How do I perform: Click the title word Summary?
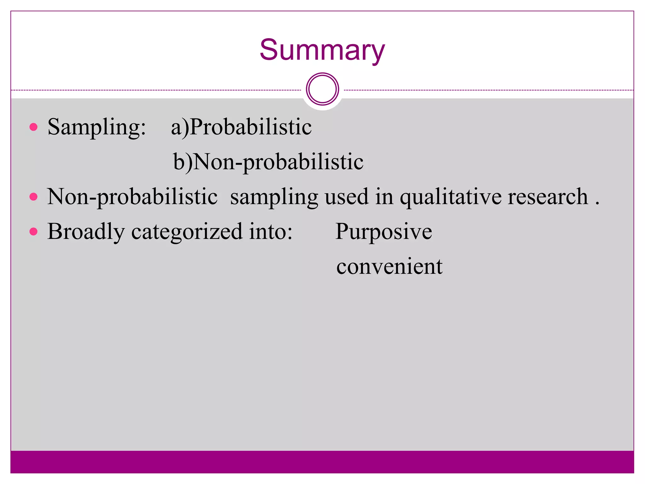322,50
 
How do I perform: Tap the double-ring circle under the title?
322,89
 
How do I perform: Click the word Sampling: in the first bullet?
97,127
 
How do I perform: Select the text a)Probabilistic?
241,127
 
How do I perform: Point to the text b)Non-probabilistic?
268,162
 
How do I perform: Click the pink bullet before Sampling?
33,127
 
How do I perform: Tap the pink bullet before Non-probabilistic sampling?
33,197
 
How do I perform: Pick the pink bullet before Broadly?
33,232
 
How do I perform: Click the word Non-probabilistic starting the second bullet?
132,197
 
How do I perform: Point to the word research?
548,197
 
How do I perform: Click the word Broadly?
86,232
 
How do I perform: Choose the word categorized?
187,232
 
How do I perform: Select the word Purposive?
384,232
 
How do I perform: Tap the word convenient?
389,267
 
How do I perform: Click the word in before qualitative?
384,197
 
